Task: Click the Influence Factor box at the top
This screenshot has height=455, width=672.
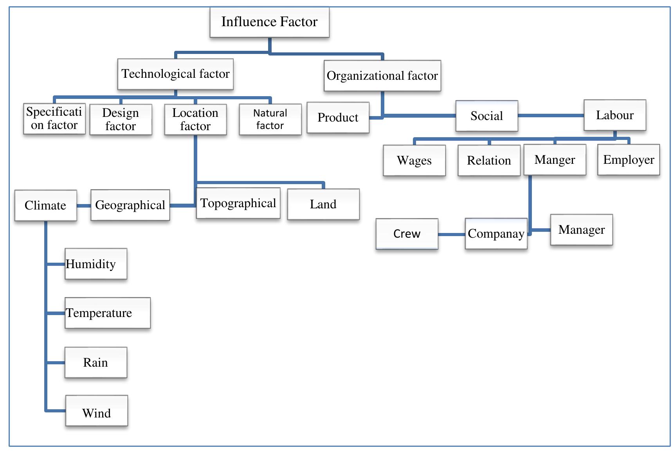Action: point(269,22)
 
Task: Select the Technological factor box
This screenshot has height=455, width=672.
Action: point(175,74)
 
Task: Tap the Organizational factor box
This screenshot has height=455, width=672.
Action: point(382,75)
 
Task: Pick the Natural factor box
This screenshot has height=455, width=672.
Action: point(270,119)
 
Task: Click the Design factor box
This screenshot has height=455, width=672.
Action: point(121,119)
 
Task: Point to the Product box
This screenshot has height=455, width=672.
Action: point(338,118)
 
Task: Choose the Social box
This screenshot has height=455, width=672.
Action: point(486,116)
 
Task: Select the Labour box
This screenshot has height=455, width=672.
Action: point(614,115)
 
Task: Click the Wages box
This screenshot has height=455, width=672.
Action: point(414,160)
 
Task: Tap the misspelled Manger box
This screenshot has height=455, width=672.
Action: point(555,159)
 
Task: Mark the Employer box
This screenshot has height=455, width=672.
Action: point(628,159)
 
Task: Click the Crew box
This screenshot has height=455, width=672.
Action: point(407,234)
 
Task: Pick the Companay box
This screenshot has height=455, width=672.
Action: point(496,234)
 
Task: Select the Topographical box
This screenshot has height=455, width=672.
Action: point(238,203)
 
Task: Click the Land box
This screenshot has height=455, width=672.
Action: point(323,204)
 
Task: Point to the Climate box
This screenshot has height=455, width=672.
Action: point(45,205)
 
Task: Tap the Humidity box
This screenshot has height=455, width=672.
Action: point(95,264)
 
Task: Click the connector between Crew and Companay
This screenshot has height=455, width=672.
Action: point(451,234)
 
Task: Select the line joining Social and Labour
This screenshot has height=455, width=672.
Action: point(550,115)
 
